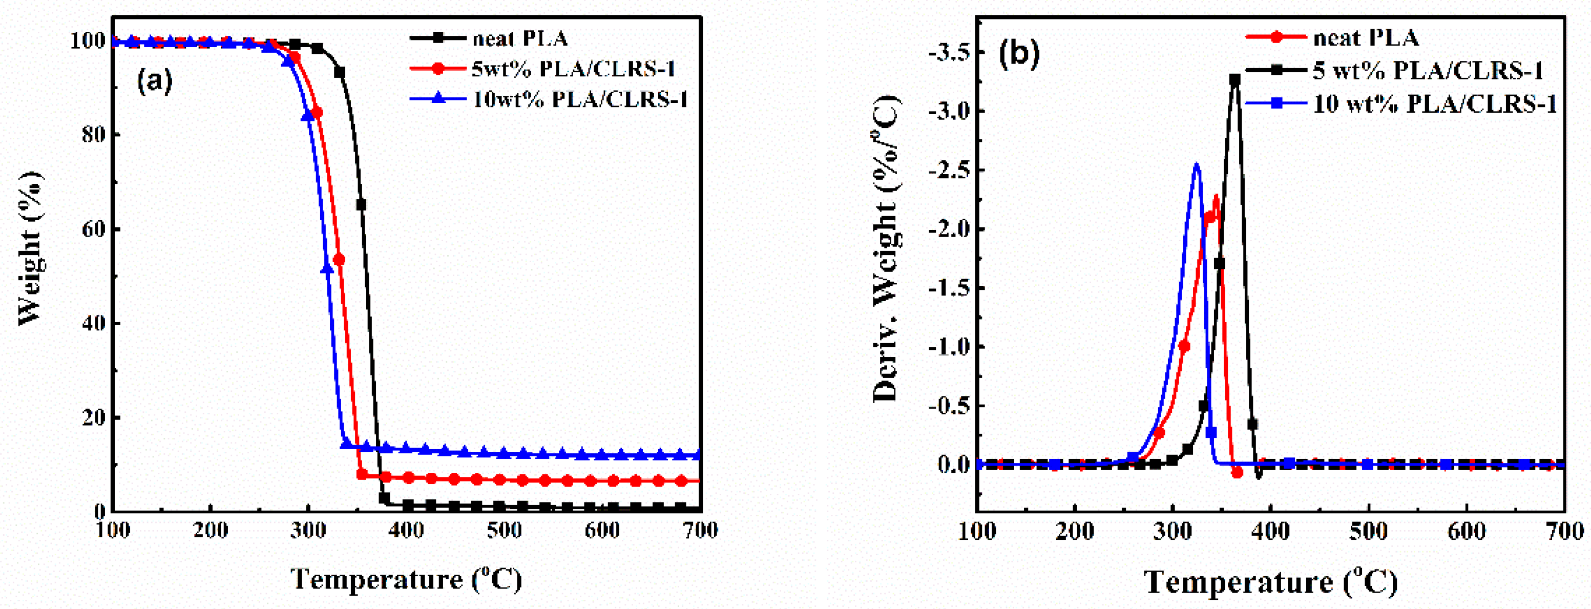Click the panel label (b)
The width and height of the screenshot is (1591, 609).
(1019, 54)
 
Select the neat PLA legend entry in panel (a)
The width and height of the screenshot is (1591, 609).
(520, 38)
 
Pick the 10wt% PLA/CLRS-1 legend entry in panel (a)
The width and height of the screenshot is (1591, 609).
(580, 99)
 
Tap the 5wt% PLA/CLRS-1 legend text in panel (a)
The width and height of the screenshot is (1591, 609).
(573, 69)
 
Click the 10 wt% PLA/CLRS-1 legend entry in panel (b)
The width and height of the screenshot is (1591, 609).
(1434, 104)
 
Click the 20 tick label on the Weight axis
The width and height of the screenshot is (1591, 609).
(93, 417)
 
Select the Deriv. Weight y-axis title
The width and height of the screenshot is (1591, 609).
(886, 247)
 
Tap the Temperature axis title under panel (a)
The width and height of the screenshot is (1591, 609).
(406, 579)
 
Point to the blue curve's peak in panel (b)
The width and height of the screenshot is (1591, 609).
(1197, 164)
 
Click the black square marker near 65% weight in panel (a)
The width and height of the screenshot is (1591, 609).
(361, 204)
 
